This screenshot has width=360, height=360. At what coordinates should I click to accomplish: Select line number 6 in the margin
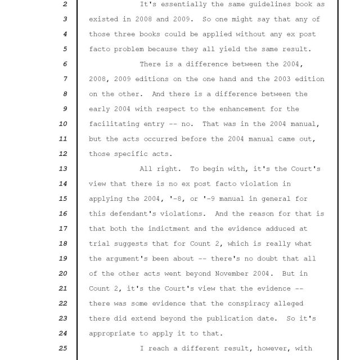tap(65, 64)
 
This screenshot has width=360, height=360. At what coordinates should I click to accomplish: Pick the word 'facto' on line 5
tap(101, 49)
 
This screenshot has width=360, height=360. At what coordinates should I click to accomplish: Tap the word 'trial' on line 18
tap(101, 244)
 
